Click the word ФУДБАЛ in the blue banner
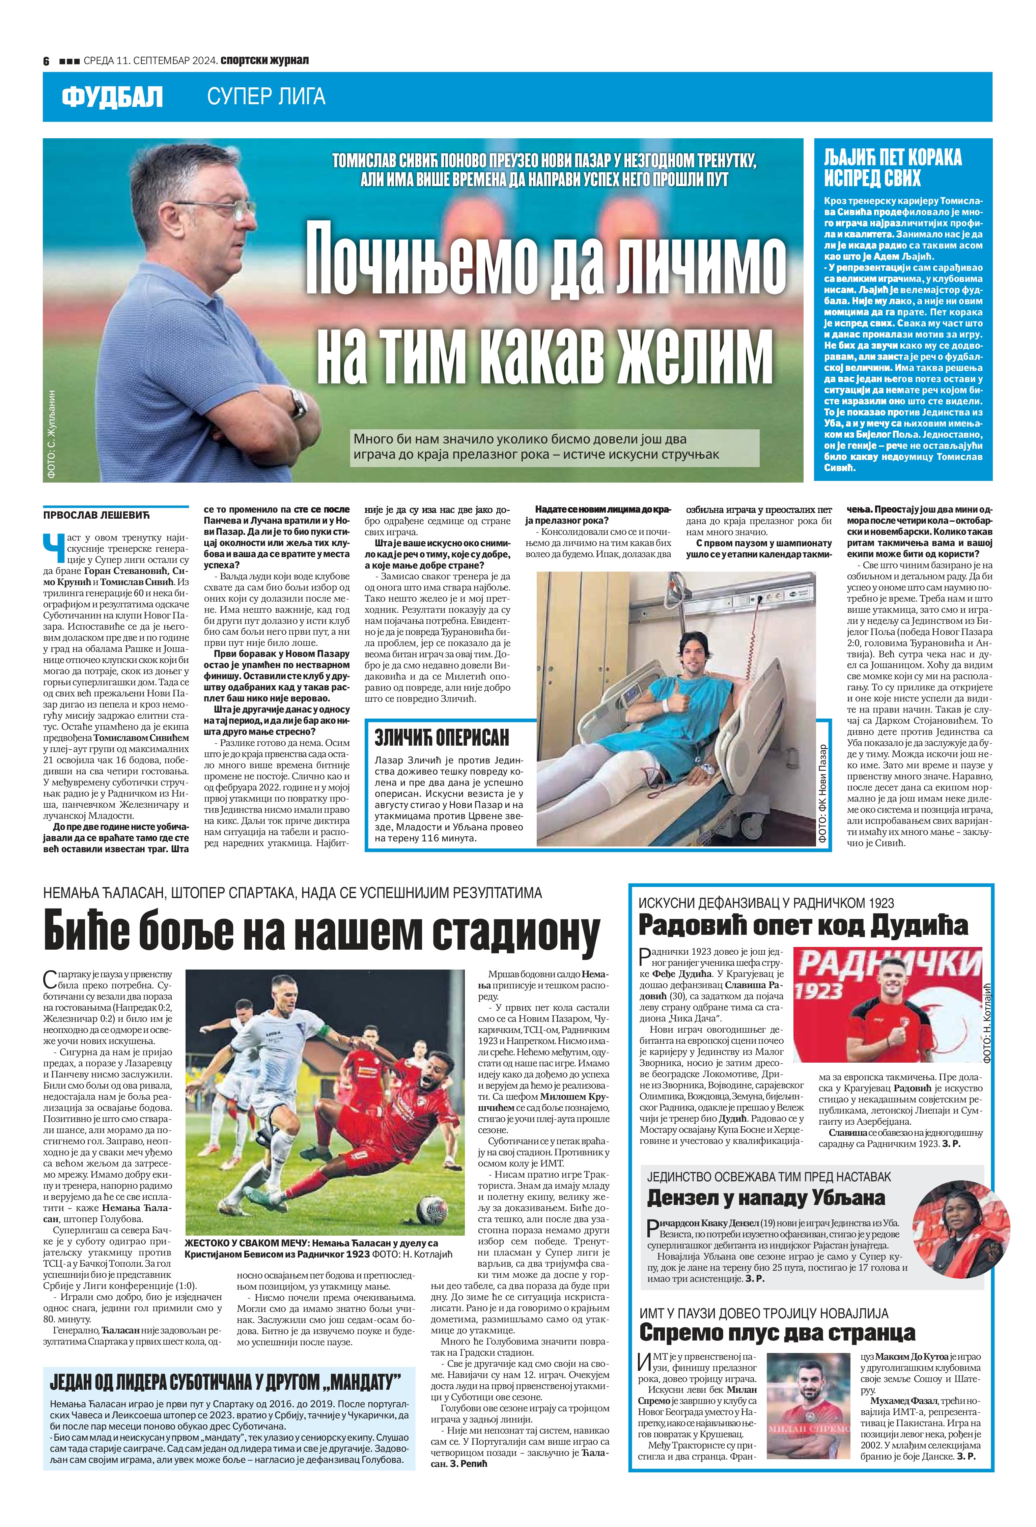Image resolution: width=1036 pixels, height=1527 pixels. click(112, 97)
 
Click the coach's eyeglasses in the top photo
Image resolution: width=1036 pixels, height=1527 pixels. click(224, 210)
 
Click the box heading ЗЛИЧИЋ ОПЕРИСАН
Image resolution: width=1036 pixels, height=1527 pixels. click(441, 737)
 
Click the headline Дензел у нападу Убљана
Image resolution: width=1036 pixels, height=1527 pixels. click(766, 1197)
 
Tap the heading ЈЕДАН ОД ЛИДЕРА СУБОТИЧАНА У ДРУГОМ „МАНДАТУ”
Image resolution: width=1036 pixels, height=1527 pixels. click(224, 1382)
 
